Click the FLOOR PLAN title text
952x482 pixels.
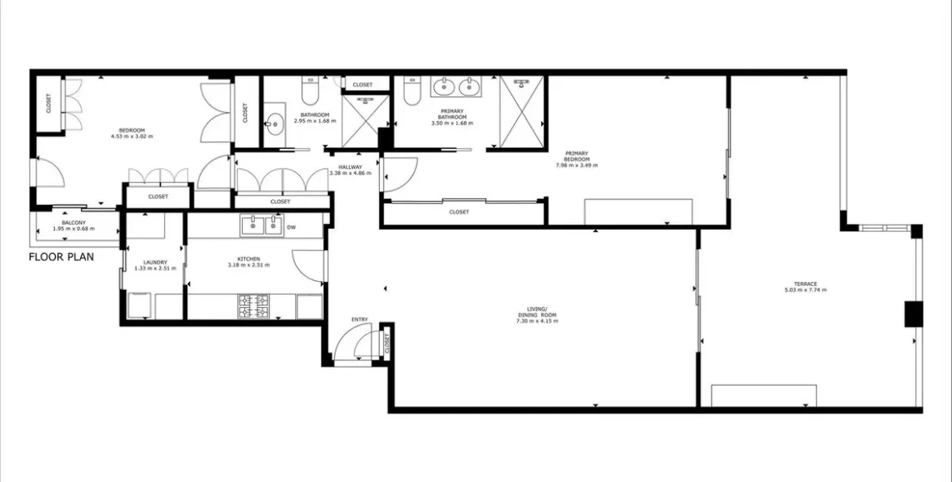pyautogui.click(x=61, y=257)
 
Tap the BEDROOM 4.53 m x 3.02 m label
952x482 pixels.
pyautogui.click(x=132, y=133)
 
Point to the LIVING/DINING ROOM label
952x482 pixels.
pyautogui.click(x=537, y=316)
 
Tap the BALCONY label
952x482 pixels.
pyautogui.click(x=74, y=225)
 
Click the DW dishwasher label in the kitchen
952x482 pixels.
pyautogui.click(x=291, y=227)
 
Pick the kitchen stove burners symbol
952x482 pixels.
pyautogui.click(x=253, y=306)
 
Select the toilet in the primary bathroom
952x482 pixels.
pyautogui.click(x=412, y=97)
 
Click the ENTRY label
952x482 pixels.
pyautogui.click(x=360, y=319)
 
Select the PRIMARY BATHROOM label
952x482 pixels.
pyautogui.click(x=452, y=117)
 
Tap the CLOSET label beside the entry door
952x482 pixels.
pyautogui.click(x=387, y=345)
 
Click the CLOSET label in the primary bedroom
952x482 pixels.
pyautogui.click(x=459, y=212)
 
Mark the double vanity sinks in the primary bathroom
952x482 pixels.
pyautogui.click(x=457, y=86)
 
